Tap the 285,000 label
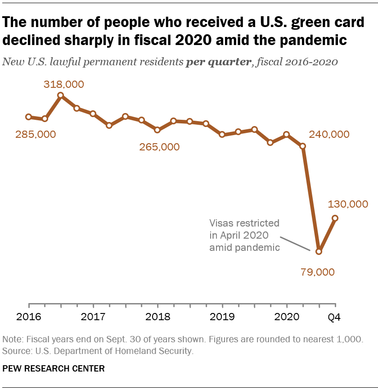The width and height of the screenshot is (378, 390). tap(36, 134)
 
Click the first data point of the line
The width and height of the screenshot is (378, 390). tap(29, 117)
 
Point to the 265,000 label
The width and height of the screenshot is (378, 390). tap(159, 147)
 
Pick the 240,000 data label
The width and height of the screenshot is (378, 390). tap(329, 134)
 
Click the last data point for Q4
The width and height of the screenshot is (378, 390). tap(335, 218)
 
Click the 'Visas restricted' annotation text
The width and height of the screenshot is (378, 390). tap(244, 223)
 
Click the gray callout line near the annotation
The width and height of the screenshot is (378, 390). tap(295, 243)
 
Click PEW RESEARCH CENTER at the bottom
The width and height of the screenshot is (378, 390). tap(54, 368)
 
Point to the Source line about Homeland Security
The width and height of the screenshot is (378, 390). tap(98, 351)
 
